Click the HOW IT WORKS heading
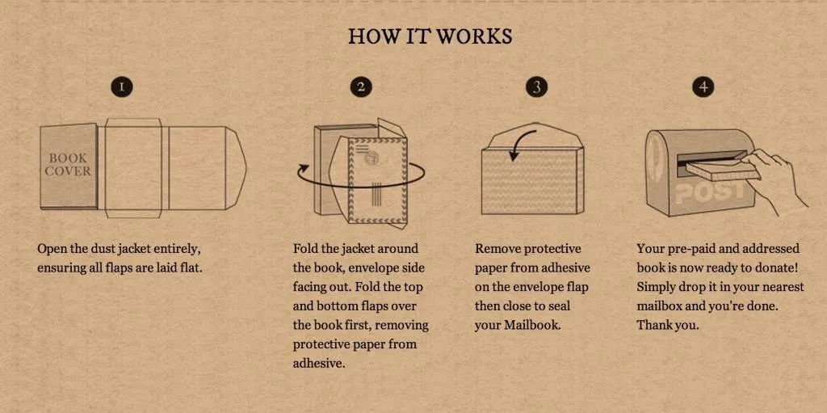(430, 36)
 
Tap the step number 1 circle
(123, 87)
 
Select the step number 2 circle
(361, 87)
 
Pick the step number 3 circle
(537, 87)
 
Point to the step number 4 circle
(703, 87)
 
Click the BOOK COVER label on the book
(68, 164)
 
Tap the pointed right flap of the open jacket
(237, 168)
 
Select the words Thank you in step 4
(667, 325)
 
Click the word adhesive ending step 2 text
(318, 364)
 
